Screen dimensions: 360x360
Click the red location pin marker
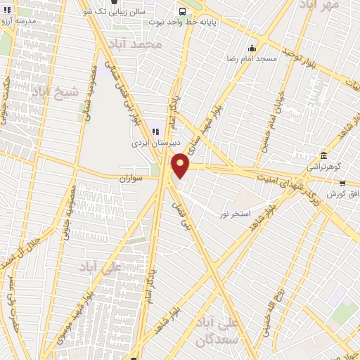click(x=181, y=167)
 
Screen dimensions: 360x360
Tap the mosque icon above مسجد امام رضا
click(x=252, y=48)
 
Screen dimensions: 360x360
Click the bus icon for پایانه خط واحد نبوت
click(x=182, y=11)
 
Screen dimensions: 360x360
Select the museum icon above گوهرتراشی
click(x=323, y=155)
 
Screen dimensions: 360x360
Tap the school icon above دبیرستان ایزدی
click(x=155, y=130)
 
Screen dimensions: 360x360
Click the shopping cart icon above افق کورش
click(x=342, y=184)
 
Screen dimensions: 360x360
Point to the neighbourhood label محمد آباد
click(x=141, y=44)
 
